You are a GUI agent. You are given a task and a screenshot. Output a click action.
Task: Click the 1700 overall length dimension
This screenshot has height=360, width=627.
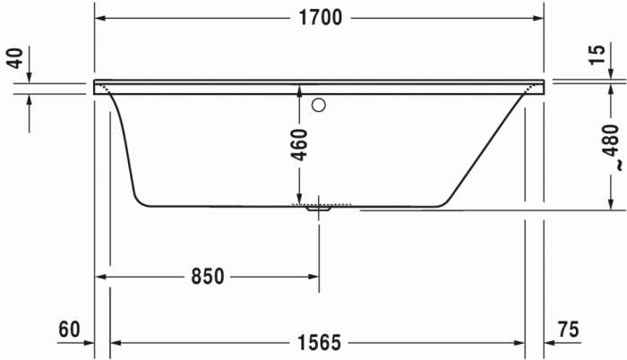(321, 19)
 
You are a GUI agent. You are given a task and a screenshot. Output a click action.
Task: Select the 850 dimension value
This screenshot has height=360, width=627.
(206, 277)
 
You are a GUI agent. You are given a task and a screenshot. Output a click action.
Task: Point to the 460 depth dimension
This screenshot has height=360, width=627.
(299, 144)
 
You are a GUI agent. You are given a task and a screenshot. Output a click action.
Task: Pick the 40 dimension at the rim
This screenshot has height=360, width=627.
(14, 59)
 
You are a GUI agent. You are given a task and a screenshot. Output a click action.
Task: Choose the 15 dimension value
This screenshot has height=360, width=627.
(597, 55)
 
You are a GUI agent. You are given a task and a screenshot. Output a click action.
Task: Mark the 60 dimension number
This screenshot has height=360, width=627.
(70, 330)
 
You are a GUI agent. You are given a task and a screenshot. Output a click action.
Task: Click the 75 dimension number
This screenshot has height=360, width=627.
(568, 330)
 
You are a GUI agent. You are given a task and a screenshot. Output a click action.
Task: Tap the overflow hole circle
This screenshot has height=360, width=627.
(317, 106)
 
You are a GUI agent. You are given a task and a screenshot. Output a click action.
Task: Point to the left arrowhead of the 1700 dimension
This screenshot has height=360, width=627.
(101, 19)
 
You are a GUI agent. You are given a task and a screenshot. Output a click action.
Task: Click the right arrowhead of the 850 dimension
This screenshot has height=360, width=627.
(313, 277)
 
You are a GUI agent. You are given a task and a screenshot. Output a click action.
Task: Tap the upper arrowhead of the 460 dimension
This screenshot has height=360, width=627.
(299, 90)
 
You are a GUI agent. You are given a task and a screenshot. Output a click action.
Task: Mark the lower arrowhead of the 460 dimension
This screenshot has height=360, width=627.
(299, 198)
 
